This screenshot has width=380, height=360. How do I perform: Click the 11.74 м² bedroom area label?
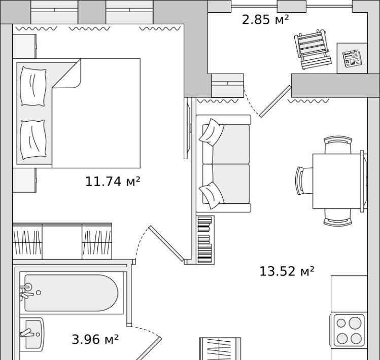coord(113,182)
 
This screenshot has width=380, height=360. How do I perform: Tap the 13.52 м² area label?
coord(287,271)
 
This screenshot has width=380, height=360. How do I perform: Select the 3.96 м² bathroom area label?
coord(95,339)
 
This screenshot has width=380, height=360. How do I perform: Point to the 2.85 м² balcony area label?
coord(265,19)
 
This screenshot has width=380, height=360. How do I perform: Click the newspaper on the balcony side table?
coord(352,58)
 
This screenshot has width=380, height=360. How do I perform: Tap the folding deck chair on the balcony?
coord(313,49)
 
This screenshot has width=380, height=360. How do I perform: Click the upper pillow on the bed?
coord(33,86)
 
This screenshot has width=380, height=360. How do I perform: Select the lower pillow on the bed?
coord(33,140)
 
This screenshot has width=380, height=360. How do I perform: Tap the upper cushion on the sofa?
coord(212,132)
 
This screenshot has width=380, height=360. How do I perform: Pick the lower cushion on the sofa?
coord(212,195)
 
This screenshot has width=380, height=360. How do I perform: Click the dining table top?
coord(337,181)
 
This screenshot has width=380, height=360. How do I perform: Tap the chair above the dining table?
coord(338,145)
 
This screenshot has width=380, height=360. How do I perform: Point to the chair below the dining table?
coord(338,218)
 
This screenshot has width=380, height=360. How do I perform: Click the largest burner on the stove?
coord(355,323)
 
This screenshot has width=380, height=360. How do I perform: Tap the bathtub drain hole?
coord(38,293)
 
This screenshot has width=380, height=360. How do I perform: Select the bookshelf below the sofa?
coord(205,240)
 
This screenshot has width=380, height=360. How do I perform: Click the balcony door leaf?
coord(275,101)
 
